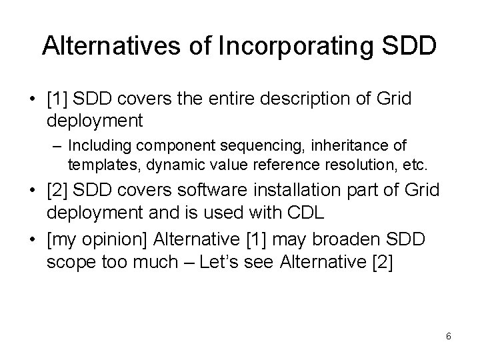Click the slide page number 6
coord(448,336)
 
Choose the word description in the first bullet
coord(296,100)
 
